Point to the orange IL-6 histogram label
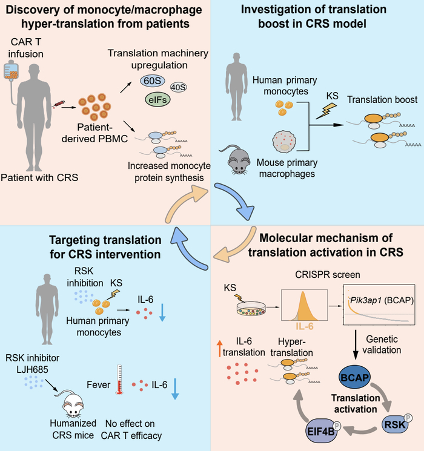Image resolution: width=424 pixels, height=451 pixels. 306,313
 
